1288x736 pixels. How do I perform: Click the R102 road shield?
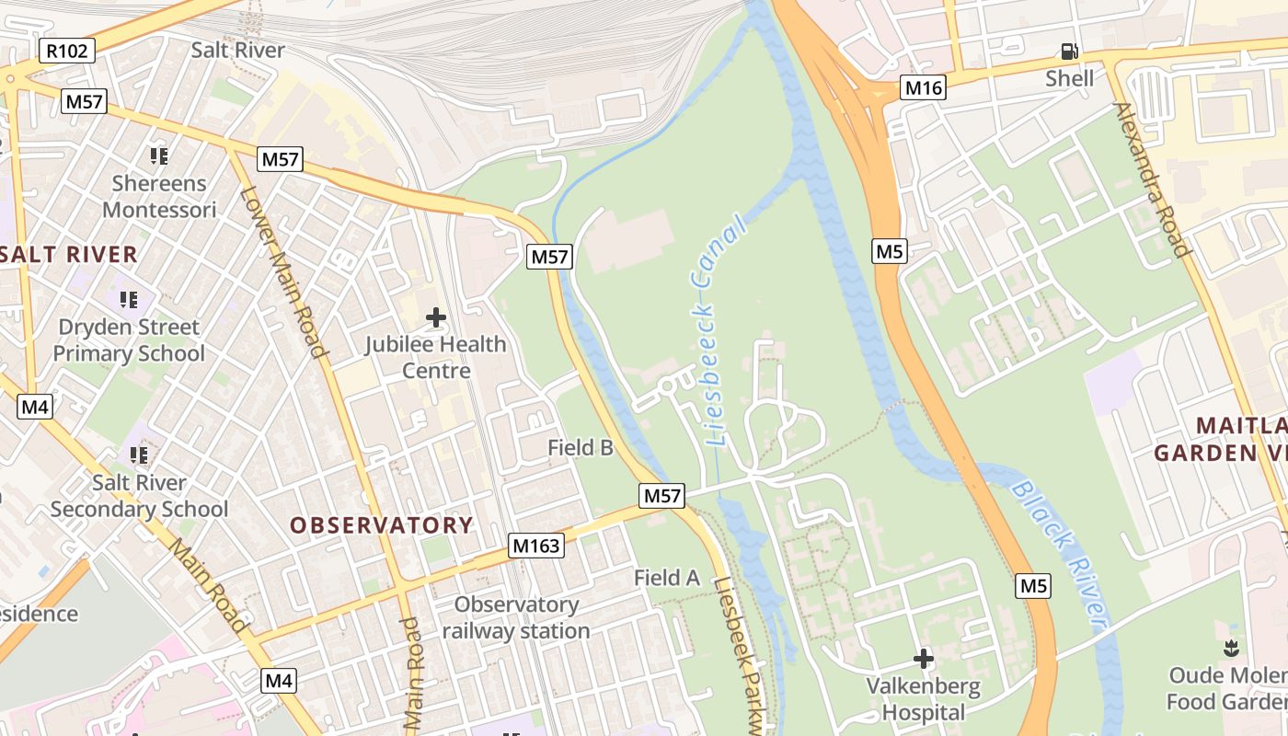point(68,51)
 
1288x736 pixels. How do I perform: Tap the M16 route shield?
point(924,87)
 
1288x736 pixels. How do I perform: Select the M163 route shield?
point(535,546)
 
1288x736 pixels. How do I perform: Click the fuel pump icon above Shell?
point(1069,52)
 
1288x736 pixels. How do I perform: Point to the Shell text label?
point(1069,78)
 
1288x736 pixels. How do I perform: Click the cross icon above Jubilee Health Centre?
point(436,318)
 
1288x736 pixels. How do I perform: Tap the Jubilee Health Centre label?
point(436,357)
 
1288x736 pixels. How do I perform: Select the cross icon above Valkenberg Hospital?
point(924,659)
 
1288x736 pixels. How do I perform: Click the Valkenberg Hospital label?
point(924,699)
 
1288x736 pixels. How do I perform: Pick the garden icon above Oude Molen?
point(1231,648)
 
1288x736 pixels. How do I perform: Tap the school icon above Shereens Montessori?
point(159,156)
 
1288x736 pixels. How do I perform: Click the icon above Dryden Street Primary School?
point(129,300)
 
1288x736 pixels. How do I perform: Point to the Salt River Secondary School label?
point(140,496)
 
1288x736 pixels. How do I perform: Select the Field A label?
point(667,578)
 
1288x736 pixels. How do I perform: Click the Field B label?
point(581,448)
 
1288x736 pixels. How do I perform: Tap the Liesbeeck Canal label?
point(717,331)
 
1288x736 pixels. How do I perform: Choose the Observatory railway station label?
point(516,617)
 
